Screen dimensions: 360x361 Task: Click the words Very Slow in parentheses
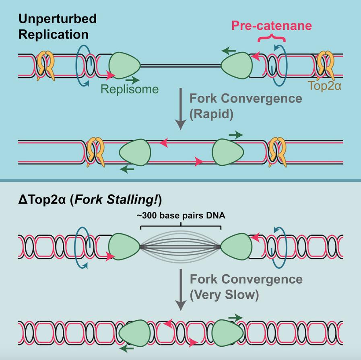[x=224, y=294]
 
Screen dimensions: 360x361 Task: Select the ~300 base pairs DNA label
[x=180, y=215]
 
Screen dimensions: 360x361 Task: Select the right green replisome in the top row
[x=237, y=64]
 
